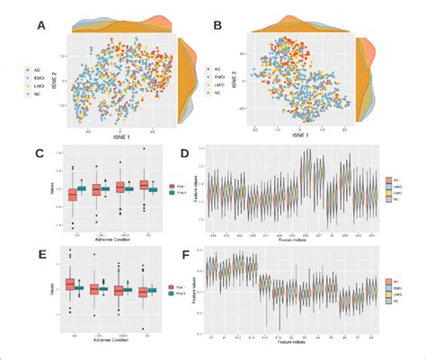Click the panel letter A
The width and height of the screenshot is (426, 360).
40,28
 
